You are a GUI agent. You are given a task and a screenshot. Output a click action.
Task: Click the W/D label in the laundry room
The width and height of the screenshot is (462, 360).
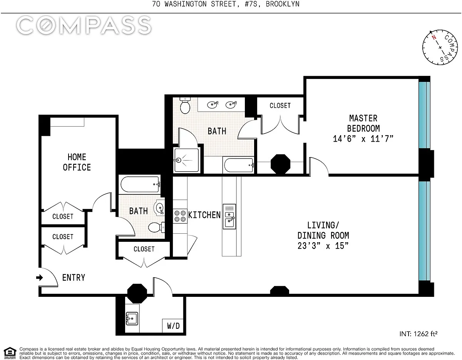[x=173, y=326]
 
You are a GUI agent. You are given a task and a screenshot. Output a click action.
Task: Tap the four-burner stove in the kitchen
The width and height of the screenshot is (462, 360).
[x=180, y=216]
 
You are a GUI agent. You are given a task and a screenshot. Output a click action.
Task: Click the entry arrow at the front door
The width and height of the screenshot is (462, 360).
[x=40, y=278]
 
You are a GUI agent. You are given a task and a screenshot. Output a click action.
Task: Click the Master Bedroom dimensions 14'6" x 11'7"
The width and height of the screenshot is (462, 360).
[x=363, y=139]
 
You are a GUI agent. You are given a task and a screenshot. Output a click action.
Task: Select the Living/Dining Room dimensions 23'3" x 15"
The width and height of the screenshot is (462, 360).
[x=323, y=246]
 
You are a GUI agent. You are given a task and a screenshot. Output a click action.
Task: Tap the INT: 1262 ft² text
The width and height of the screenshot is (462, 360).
[x=418, y=334]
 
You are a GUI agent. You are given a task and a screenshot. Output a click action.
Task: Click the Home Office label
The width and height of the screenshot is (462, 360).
[x=77, y=162]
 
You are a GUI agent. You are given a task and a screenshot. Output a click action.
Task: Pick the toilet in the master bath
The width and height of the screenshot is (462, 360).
[x=185, y=105]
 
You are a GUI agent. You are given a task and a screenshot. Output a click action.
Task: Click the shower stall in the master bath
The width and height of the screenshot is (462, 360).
[x=186, y=160]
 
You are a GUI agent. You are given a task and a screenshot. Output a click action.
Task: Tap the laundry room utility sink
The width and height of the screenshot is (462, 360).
[x=132, y=318]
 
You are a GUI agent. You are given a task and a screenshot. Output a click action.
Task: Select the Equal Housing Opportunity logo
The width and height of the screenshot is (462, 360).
[x=10, y=353]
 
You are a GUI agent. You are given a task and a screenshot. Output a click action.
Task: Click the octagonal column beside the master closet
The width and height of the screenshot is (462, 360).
[x=280, y=164]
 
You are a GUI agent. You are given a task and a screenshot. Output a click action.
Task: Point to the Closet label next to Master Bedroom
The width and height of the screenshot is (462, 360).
[x=280, y=105]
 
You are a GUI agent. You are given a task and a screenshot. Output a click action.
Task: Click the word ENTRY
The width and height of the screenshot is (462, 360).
[x=74, y=278]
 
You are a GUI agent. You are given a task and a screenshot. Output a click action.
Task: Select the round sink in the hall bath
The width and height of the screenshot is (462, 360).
[x=160, y=207]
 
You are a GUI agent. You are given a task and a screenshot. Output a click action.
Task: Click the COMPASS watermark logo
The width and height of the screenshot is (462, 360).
[x=84, y=25]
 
